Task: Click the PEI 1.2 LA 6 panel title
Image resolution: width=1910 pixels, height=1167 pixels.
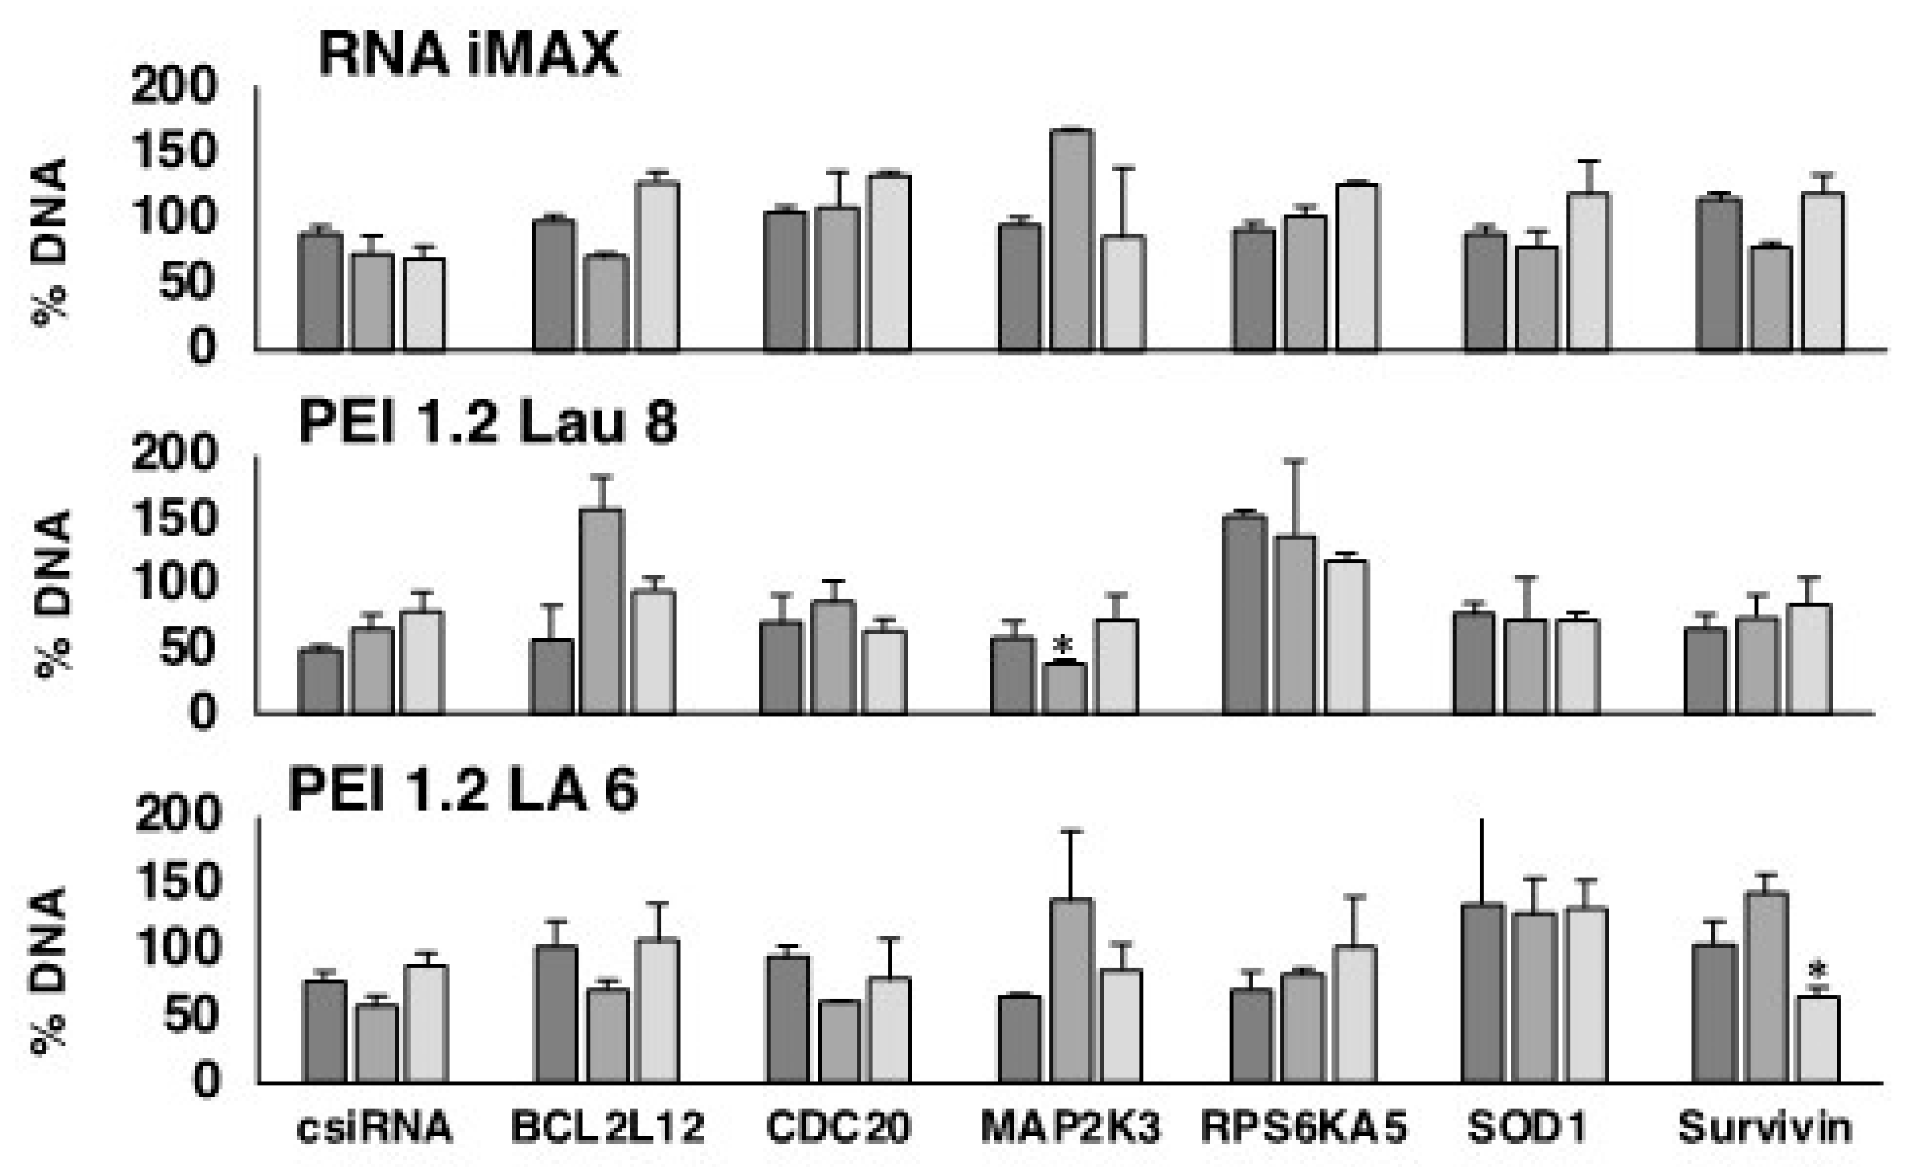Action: coord(463,791)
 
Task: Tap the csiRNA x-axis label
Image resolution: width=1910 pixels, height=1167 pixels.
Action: coord(374,1128)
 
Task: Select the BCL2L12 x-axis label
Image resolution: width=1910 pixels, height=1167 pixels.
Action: coord(608,1128)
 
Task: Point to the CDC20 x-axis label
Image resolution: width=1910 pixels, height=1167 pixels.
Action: coord(838,1128)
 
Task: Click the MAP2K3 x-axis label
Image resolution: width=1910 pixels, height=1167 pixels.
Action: coord(1070,1128)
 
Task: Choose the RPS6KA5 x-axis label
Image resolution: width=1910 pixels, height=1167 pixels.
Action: coord(1304,1128)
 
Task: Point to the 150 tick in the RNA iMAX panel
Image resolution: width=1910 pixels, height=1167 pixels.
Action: coord(172,151)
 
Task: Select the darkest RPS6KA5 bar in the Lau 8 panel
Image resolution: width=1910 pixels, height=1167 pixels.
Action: coord(1245,614)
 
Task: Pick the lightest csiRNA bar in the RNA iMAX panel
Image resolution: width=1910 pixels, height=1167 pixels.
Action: coord(424,304)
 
